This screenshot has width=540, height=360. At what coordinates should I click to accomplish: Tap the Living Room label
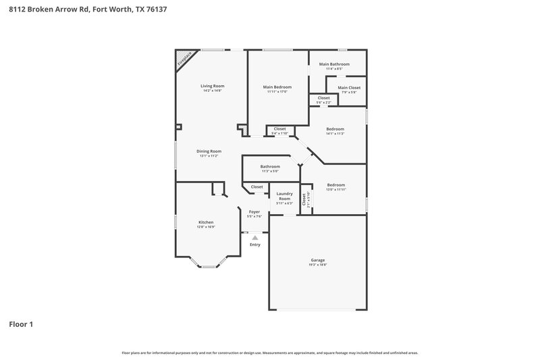pos(212,86)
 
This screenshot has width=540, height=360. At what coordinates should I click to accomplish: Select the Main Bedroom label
pos(277,86)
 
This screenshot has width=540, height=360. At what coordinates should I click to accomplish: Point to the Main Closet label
pos(349,88)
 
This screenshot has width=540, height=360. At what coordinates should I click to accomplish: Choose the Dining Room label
pos(209,151)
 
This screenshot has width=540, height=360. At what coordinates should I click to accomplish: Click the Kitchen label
pos(206,222)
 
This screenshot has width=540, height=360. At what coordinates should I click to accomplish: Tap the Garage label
pos(317,260)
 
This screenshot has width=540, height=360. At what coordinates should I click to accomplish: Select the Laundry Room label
pos(284,196)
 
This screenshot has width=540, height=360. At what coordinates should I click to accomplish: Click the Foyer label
pos(254,211)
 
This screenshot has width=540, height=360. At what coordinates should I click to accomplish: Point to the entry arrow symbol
pos(254,237)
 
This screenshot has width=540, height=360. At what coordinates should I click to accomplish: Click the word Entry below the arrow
pos(254,245)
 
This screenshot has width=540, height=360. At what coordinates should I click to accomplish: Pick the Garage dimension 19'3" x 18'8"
pos(317,265)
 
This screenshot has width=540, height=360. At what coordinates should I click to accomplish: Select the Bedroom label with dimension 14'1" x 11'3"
pos(335,128)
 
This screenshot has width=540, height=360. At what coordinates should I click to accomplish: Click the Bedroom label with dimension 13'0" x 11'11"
pos(335,184)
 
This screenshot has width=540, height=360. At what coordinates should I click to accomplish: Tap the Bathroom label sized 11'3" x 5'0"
pos(270,166)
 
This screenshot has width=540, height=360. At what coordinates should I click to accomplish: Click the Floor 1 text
pos(21,324)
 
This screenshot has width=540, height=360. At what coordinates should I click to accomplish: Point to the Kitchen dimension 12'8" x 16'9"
pos(206,228)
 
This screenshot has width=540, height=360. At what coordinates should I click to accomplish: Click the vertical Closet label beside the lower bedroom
pos(304,200)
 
